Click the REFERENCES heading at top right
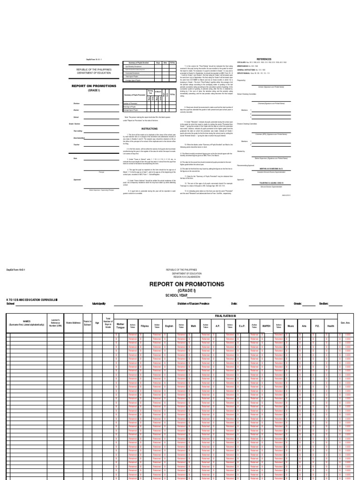265,60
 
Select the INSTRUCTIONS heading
150,128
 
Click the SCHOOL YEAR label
176,296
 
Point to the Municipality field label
99,304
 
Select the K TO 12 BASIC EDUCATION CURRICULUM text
31,299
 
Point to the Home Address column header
74,322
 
